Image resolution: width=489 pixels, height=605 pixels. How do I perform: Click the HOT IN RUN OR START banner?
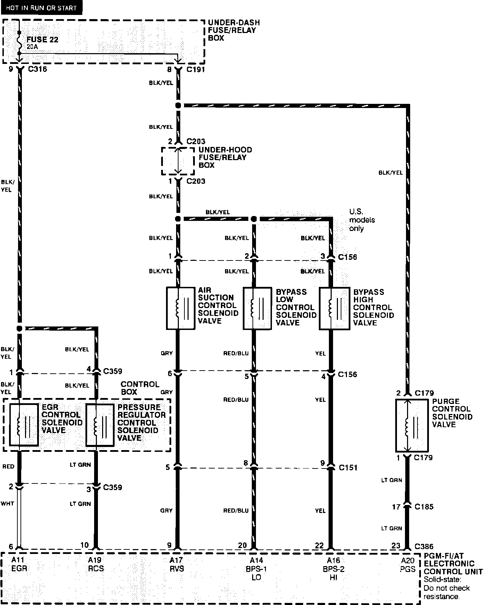click(x=41, y=8)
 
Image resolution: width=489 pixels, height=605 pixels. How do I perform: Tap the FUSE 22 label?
click(x=42, y=40)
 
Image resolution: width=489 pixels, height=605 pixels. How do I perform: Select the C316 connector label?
click(x=37, y=69)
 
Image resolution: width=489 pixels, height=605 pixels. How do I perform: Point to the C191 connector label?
click(x=196, y=69)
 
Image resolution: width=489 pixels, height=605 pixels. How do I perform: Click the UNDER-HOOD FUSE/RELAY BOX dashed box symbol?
click(x=178, y=161)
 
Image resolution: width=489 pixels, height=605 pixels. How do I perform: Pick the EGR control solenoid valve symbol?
click(x=24, y=425)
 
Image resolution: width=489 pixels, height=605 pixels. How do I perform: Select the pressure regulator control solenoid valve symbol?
click(x=100, y=425)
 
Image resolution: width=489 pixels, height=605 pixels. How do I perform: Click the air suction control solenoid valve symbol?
click(x=181, y=308)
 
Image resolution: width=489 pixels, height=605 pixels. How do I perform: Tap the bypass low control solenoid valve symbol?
click(x=257, y=308)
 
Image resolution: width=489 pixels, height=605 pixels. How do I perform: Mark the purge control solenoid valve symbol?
click(x=412, y=425)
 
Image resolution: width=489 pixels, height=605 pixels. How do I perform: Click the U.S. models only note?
click(x=362, y=220)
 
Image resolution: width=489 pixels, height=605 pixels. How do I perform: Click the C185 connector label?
click(x=424, y=507)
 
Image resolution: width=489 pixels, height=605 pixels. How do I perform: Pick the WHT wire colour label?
click(x=7, y=503)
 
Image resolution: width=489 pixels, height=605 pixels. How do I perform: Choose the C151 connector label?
click(x=348, y=467)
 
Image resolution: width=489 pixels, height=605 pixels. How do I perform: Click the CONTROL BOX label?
click(x=140, y=388)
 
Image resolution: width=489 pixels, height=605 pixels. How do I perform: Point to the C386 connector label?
click(x=424, y=546)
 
